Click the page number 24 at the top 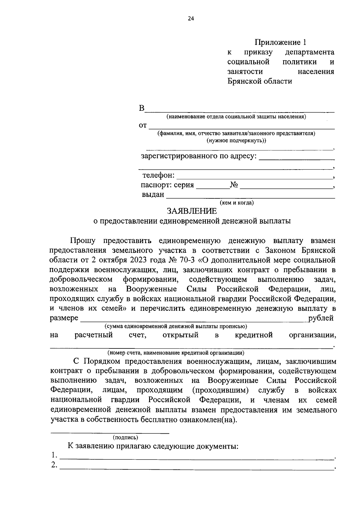[191, 19]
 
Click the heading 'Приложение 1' [281, 42]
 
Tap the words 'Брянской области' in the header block [259, 81]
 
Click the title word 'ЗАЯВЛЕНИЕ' [192, 211]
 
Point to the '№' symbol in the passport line [234, 185]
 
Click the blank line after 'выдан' [250, 197]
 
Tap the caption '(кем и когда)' [237, 203]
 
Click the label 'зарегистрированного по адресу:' [199, 156]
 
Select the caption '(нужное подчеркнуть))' [236, 140]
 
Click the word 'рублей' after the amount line [321, 318]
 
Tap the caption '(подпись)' [125, 438]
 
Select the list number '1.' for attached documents [54, 455]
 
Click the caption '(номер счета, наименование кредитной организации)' [176, 353]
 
